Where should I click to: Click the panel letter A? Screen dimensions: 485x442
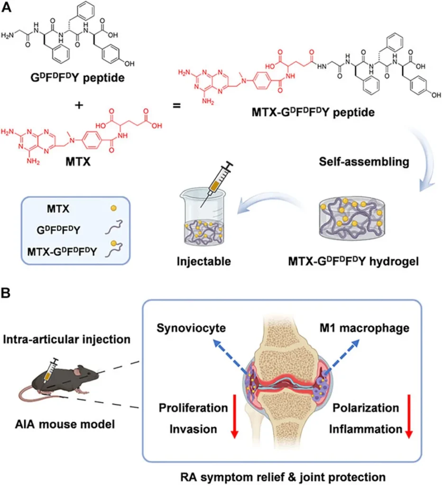[x=7, y=8]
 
